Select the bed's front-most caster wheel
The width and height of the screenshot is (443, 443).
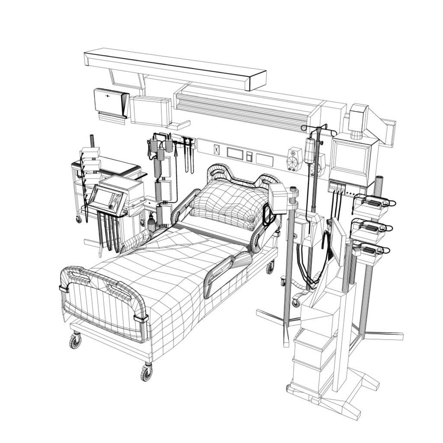(x=147, y=372)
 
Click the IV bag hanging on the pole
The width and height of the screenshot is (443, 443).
(x=309, y=151)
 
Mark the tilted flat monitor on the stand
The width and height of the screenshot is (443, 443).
(x=337, y=241)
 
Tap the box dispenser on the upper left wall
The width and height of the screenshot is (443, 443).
(x=111, y=102)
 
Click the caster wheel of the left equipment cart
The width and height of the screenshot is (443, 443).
(x=79, y=219)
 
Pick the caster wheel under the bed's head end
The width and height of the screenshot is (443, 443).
(x=270, y=268)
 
